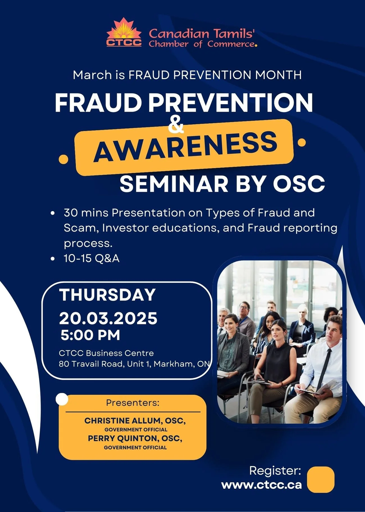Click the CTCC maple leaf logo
click(124, 32)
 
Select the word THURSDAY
click(108, 295)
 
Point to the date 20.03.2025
click(108, 318)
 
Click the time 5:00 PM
click(90, 335)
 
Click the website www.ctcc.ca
click(262, 485)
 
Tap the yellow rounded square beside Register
click(321, 480)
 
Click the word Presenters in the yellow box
click(133, 403)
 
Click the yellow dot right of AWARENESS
click(302, 143)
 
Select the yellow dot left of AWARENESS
click(64, 159)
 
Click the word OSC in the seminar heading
click(299, 184)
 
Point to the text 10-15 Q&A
click(92, 259)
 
